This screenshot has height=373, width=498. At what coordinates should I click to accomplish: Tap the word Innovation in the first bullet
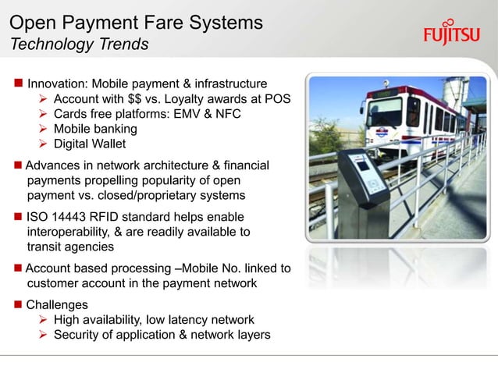click(x=61, y=83)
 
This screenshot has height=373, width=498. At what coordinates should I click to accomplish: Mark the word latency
click(x=186, y=320)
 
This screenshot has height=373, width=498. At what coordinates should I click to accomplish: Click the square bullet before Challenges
click(x=16, y=304)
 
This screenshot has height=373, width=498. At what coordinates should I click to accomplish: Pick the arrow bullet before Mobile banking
click(x=45, y=129)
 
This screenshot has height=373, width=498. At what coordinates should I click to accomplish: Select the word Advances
click(x=55, y=165)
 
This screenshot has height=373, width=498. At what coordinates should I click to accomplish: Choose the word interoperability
click(x=69, y=232)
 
